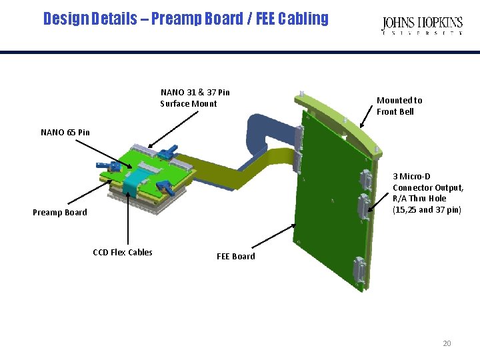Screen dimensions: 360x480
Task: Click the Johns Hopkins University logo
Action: (x=421, y=26)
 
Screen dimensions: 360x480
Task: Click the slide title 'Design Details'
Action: (x=185, y=19)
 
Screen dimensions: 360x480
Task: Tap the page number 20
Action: (x=447, y=343)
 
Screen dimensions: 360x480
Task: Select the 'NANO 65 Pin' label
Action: (x=65, y=132)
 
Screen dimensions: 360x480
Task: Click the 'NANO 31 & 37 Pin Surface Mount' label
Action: (x=195, y=98)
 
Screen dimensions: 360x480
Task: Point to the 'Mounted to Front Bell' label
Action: (x=399, y=106)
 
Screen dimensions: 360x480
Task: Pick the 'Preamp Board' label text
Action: (x=60, y=213)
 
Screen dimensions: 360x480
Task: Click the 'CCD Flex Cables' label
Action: (x=123, y=252)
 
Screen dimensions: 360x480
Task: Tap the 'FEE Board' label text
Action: (x=236, y=256)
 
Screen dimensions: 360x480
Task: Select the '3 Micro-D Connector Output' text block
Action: (x=427, y=193)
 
